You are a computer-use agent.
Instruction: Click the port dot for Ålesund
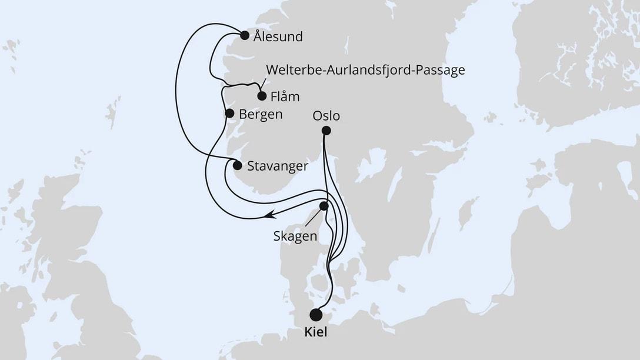pyautogui.click(x=245, y=34)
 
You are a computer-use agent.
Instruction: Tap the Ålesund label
pyautogui.click(x=278, y=37)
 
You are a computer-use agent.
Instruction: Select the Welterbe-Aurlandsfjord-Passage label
pyautogui.click(x=366, y=70)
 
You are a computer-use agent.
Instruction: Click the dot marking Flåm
pyautogui.click(x=262, y=95)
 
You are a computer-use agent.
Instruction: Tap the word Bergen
pyautogui.click(x=261, y=114)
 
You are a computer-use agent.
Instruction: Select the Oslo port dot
pyautogui.click(x=326, y=131)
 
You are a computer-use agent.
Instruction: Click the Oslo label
pyautogui.click(x=326, y=116)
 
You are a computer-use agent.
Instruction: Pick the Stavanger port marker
pyautogui.click(x=237, y=165)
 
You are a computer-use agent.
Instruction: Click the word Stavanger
pyautogui.click(x=278, y=166)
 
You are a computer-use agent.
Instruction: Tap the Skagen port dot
pyautogui.click(x=324, y=206)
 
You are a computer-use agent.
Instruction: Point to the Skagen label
pyautogui.click(x=295, y=236)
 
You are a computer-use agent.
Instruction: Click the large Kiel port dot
pyautogui.click(x=316, y=315)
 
